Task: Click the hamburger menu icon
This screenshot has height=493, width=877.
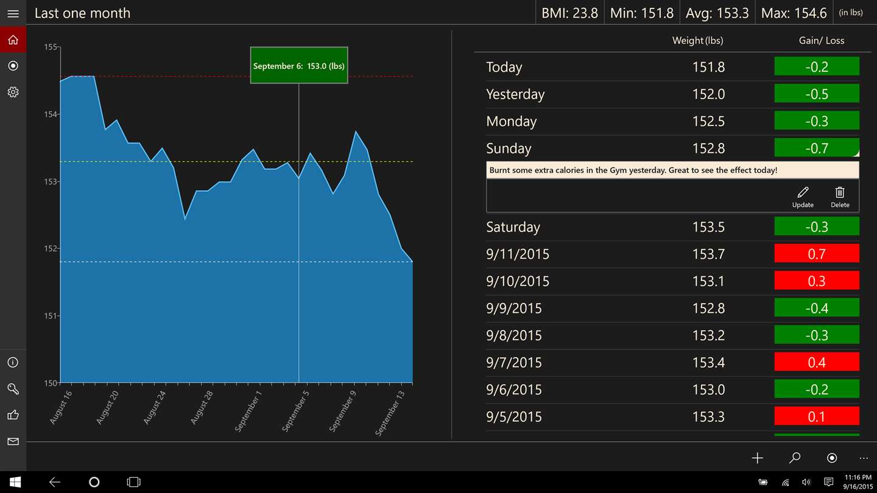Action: [13, 13]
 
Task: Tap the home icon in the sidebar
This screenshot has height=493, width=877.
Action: [13, 40]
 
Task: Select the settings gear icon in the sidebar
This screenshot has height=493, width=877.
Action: [13, 92]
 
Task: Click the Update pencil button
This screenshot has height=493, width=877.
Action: [803, 197]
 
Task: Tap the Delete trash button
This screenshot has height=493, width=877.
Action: [840, 197]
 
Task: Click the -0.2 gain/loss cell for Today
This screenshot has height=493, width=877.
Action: [816, 66]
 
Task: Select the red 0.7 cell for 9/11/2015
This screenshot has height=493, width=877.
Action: [816, 253]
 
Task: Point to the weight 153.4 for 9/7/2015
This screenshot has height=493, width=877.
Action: [708, 363]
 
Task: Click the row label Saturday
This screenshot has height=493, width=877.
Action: [513, 227]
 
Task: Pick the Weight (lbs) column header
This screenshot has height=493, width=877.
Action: [697, 41]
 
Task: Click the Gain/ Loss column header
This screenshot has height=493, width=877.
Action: [822, 41]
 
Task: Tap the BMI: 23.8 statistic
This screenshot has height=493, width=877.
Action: [569, 13]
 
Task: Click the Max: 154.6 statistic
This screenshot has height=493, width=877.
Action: [794, 13]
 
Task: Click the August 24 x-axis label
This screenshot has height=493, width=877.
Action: [155, 407]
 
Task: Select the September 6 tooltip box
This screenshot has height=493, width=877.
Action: [298, 65]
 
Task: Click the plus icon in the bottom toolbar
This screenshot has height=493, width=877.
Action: [757, 458]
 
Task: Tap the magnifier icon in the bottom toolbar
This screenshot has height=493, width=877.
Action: [795, 458]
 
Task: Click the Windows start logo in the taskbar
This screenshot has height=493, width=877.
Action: [15, 482]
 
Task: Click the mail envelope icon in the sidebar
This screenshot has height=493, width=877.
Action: [13, 441]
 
